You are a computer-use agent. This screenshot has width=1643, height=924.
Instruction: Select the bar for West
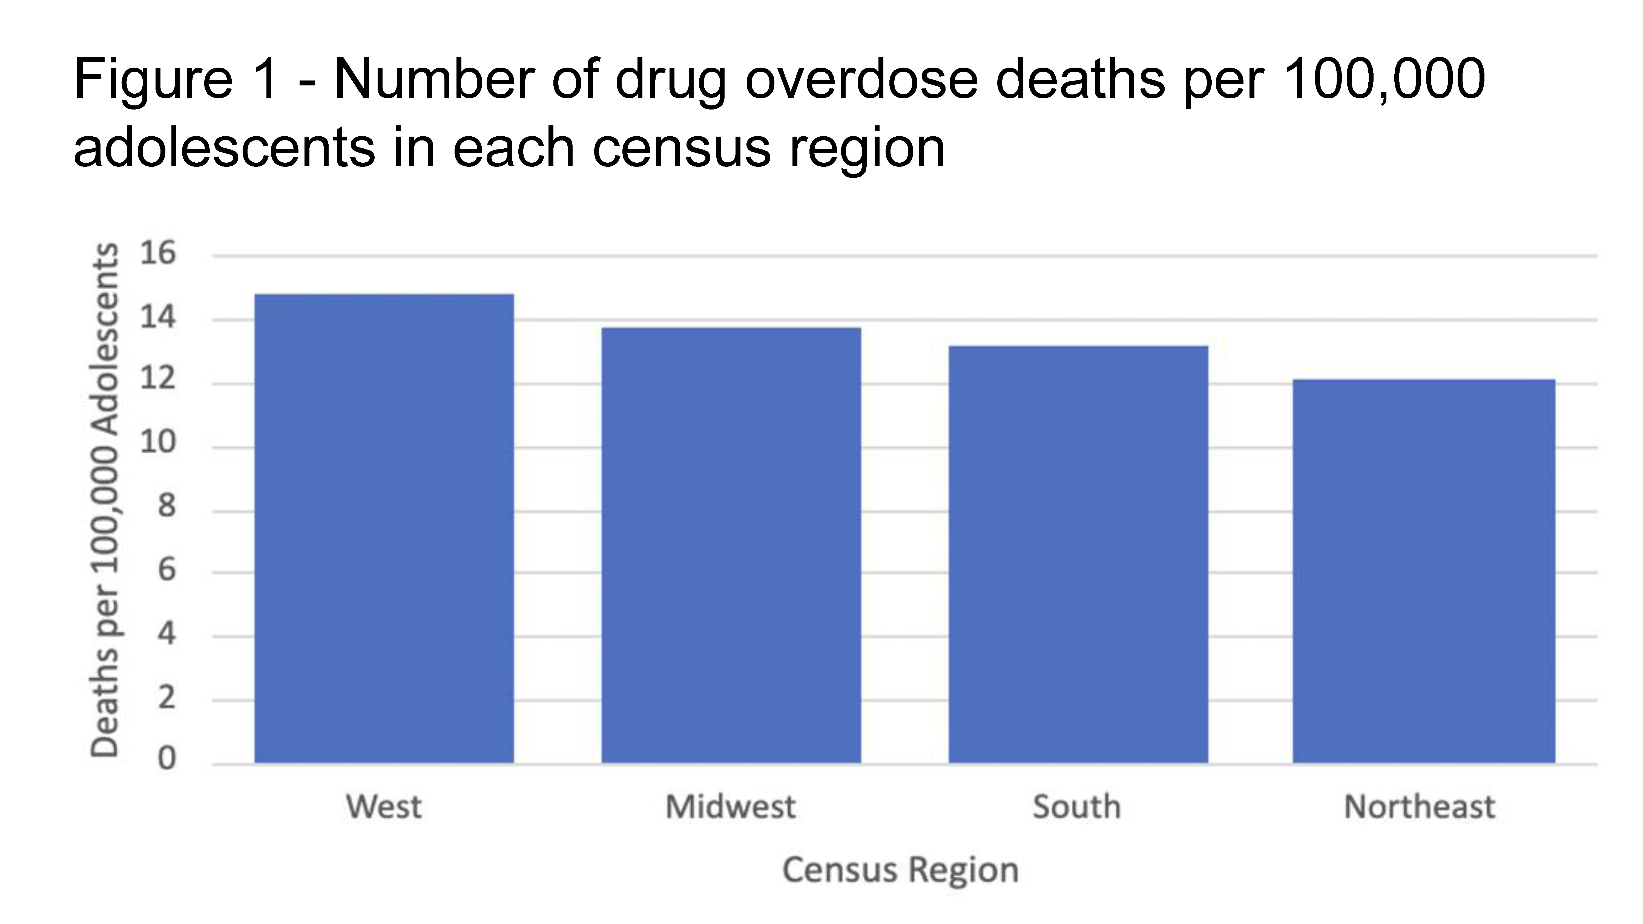coord(384,529)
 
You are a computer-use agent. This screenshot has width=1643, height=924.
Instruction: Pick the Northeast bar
coord(1424,571)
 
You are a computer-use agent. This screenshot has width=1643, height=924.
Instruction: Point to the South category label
coord(1077,807)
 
